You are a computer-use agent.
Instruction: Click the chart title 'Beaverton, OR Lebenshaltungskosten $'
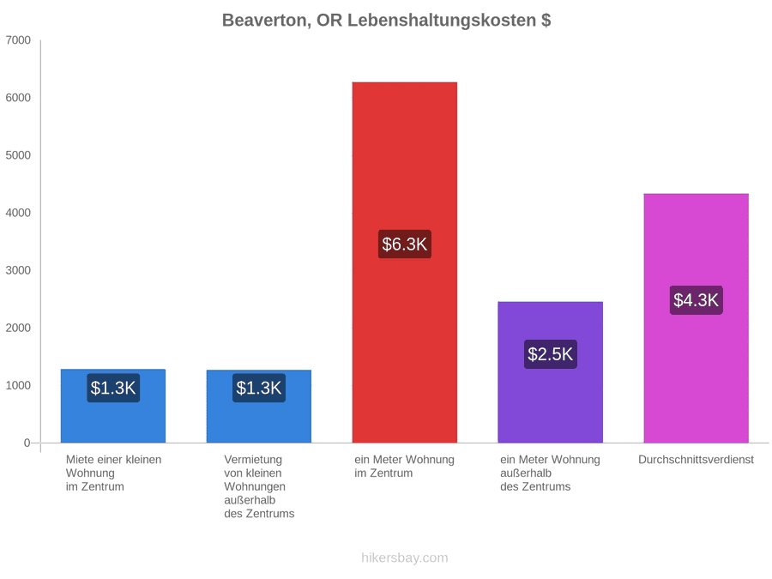[x=387, y=21]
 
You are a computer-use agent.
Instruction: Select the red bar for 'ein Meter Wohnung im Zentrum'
[x=405, y=262]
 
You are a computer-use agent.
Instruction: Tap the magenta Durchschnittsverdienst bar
[x=697, y=318]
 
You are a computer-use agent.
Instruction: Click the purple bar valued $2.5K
[x=551, y=372]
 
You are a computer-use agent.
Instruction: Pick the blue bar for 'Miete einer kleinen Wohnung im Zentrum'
[x=113, y=407]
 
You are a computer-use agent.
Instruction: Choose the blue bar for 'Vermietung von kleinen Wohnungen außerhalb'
[x=259, y=407]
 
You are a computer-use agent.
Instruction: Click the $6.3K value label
[x=405, y=244]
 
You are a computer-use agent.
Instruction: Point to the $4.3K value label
[x=697, y=300]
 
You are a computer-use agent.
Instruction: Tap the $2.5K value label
[x=551, y=354]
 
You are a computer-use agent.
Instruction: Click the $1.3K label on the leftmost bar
[x=113, y=388]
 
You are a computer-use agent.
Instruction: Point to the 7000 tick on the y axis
[x=18, y=40]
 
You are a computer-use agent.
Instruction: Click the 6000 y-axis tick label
[x=18, y=98]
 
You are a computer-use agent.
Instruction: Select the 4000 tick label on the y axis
[x=18, y=213]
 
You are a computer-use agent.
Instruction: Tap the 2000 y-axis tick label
[x=18, y=328]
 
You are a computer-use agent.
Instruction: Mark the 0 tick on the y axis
[x=27, y=443]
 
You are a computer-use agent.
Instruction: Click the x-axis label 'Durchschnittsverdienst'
[x=697, y=460]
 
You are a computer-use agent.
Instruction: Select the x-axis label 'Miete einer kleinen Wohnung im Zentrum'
[x=114, y=473]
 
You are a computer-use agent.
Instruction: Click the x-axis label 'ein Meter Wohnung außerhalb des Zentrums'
[x=551, y=473]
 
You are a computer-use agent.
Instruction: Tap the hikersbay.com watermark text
[x=405, y=558]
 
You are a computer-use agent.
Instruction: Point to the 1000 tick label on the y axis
[x=18, y=385]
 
